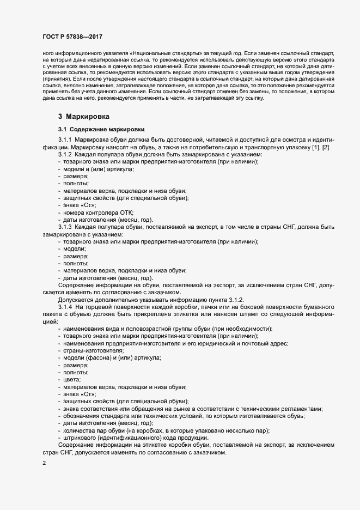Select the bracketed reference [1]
pos(316,149)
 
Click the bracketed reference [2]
pos(326,149)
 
